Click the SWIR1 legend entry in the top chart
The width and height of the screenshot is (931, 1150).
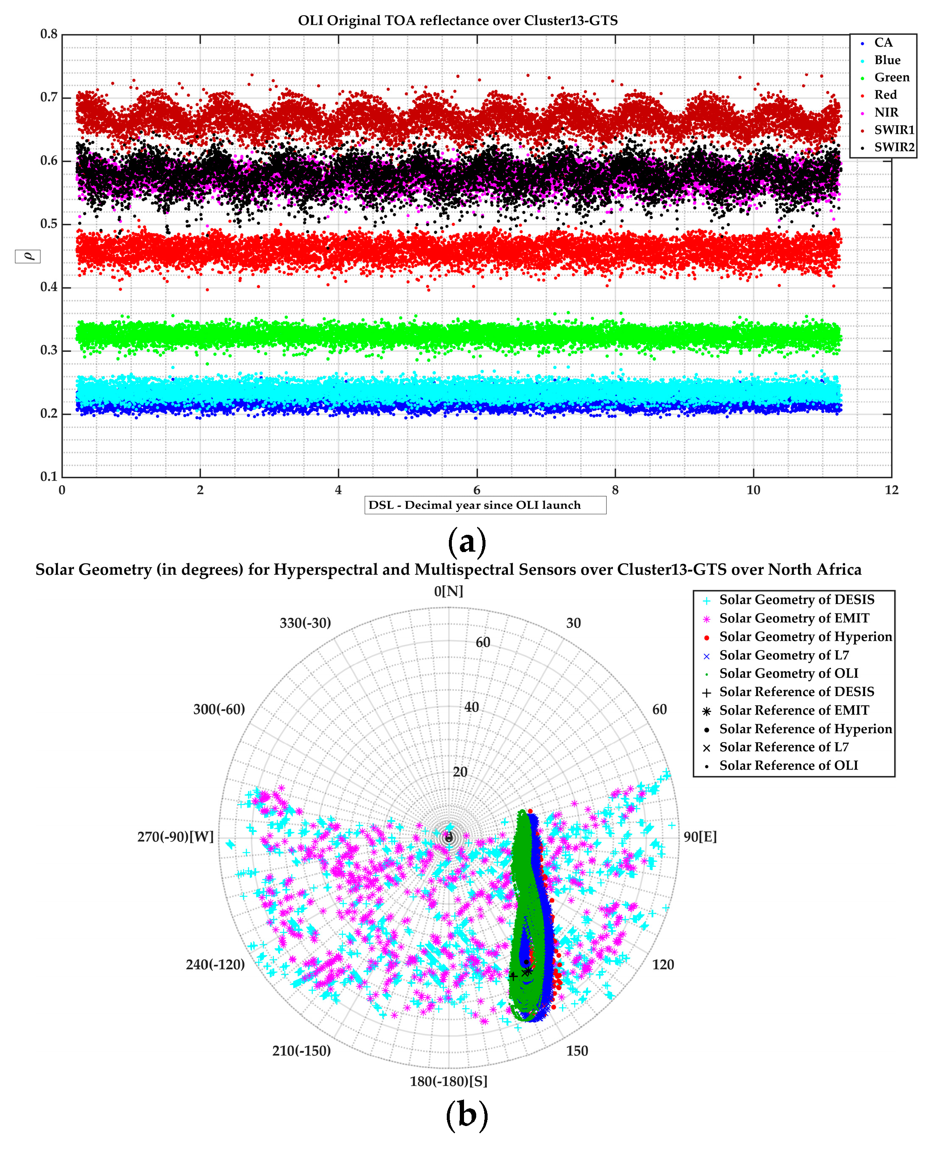(x=893, y=129)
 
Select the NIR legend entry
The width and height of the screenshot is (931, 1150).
(x=886, y=112)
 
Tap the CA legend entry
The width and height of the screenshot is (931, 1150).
(x=883, y=42)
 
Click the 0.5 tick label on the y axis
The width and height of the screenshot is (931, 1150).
(x=49, y=224)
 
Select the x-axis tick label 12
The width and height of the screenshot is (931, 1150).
(x=891, y=489)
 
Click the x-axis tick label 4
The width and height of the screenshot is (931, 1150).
(x=338, y=489)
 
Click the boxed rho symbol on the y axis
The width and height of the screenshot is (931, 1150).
(x=27, y=256)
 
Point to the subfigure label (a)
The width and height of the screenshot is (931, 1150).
(x=467, y=541)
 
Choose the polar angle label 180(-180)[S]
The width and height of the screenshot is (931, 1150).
(x=448, y=1081)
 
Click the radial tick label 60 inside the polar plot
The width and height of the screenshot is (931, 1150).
(x=483, y=642)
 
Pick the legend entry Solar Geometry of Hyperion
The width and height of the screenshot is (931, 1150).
(x=805, y=636)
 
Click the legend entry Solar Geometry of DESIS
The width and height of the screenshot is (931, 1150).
(x=796, y=599)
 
